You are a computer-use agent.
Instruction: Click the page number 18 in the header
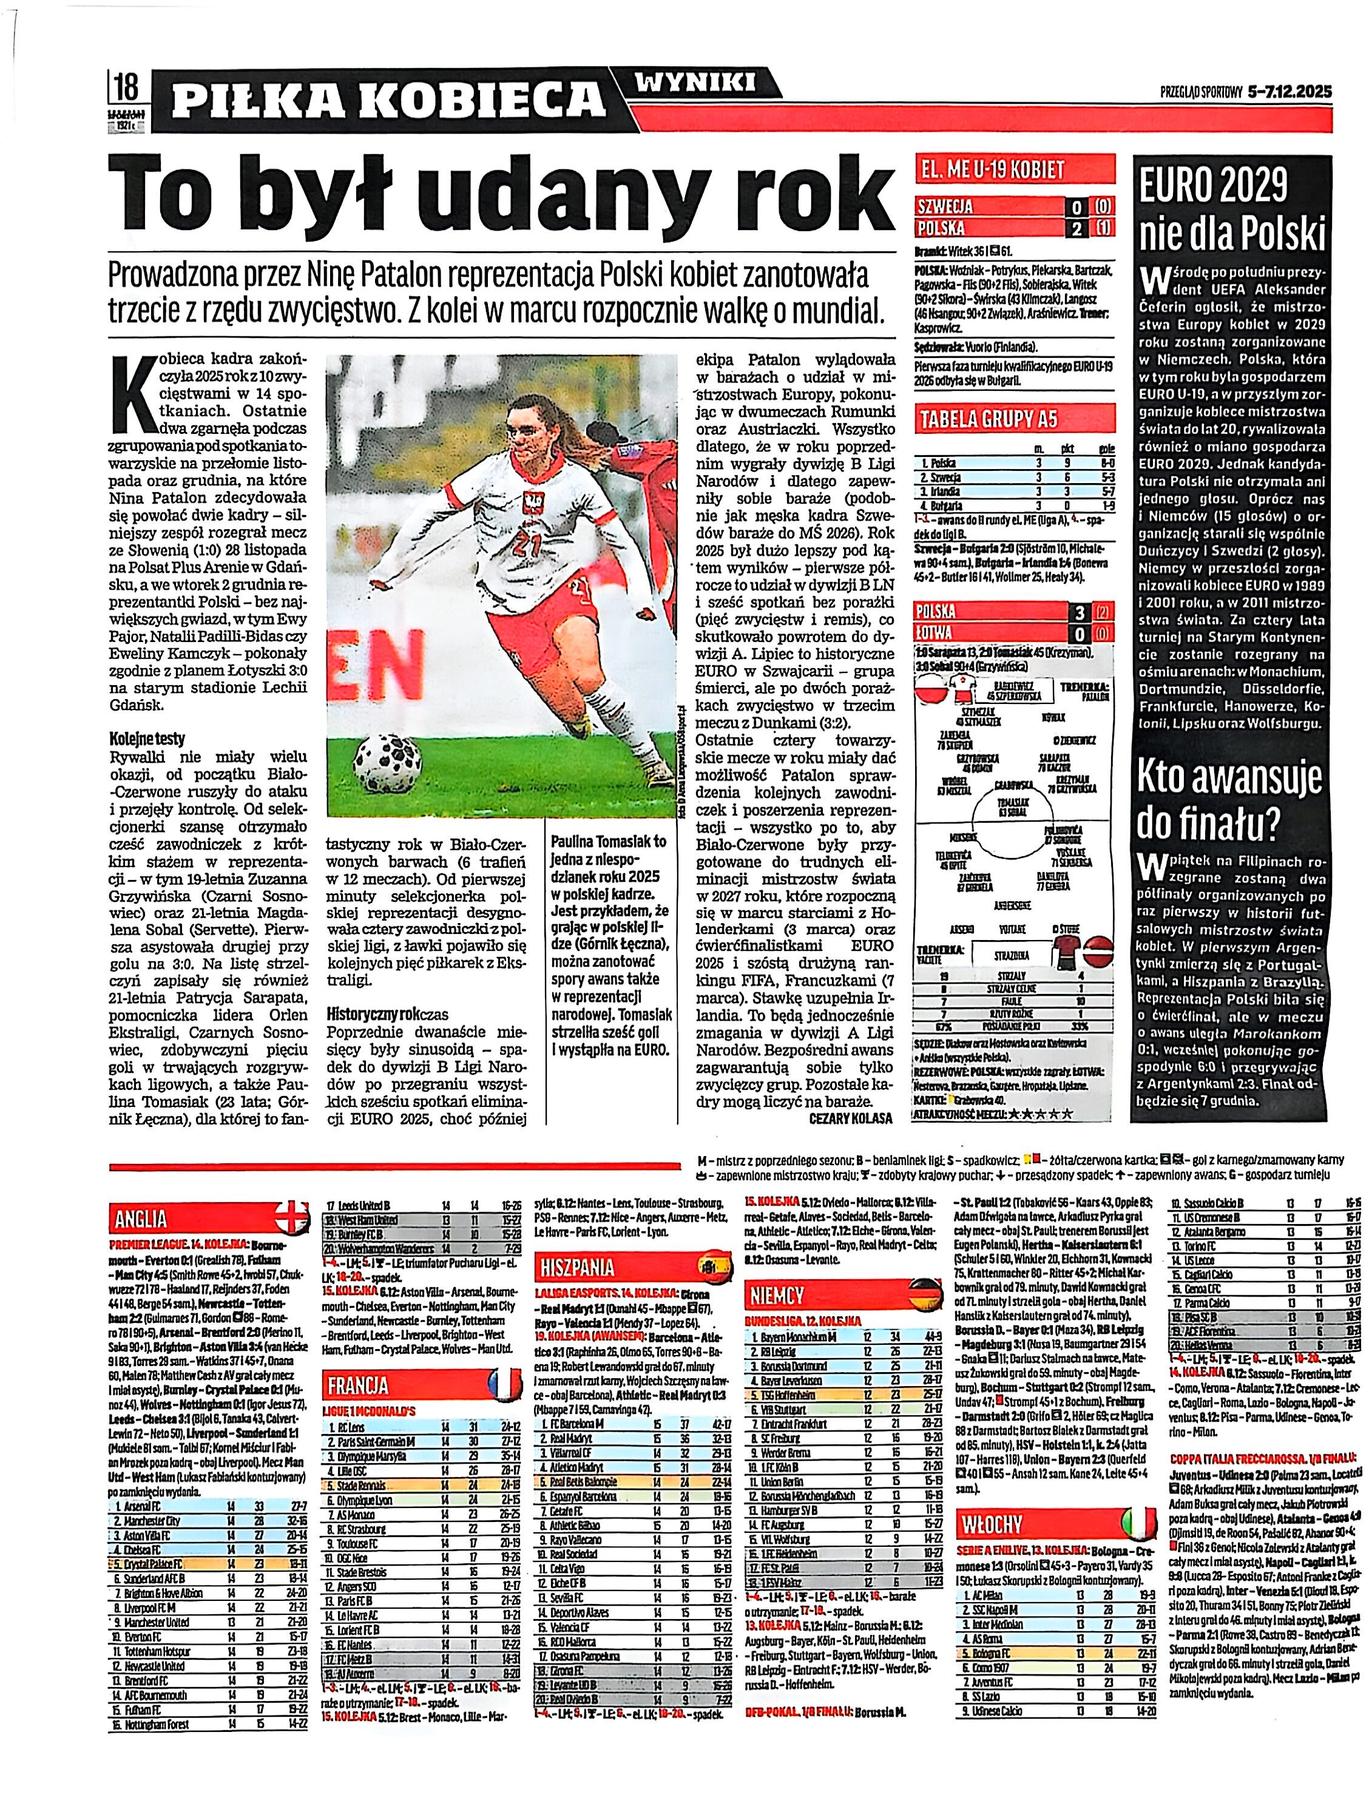[127, 86]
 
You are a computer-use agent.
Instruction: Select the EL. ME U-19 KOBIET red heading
[992, 170]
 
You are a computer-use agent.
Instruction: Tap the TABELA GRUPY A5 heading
[989, 420]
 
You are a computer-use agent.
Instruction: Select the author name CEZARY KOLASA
[850, 1118]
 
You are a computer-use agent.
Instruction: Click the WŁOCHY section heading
[992, 1524]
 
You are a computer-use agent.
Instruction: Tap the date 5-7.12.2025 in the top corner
[1290, 92]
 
